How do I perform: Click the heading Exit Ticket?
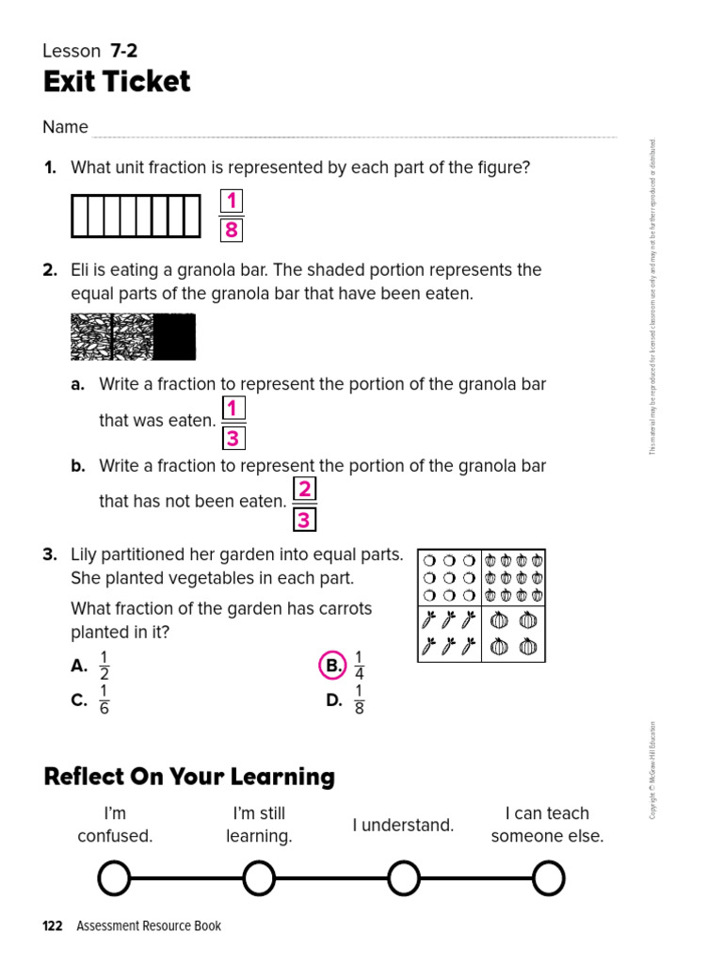[117, 82]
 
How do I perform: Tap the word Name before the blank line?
[65, 127]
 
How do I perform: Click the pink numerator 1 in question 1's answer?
[232, 201]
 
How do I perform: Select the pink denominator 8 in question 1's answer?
[232, 231]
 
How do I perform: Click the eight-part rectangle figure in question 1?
[136, 216]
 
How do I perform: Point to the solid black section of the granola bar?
[174, 337]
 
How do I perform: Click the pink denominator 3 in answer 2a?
[233, 439]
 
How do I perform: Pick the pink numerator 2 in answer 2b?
[304, 490]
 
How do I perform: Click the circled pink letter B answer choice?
[332, 666]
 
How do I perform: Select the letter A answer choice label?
[79, 666]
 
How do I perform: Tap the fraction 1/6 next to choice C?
[104, 699]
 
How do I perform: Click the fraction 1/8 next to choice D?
[359, 699]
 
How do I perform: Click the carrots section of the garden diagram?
[449, 634]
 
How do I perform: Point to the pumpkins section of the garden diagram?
[513, 634]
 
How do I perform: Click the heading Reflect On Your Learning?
[189, 777]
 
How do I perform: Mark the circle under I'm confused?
[114, 878]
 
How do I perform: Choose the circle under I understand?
[403, 878]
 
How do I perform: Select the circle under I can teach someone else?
[548, 878]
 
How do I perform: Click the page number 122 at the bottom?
[53, 926]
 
